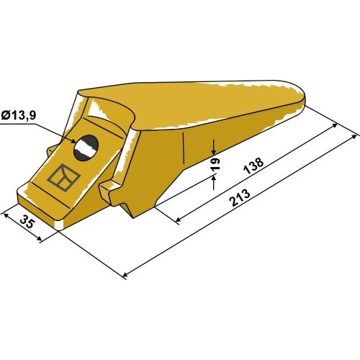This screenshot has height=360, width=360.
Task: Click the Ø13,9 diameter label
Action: [x=19, y=115]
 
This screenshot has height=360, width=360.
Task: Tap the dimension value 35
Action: [x=27, y=222]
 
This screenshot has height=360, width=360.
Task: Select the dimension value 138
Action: [x=253, y=166]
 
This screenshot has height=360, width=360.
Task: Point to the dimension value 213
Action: [x=240, y=198]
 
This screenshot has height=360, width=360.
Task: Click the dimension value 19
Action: [x=216, y=164]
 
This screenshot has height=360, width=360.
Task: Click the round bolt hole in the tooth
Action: [x=86, y=148]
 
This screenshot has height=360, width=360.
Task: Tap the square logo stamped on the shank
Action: [x=64, y=177]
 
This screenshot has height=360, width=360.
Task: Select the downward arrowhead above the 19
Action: [x=214, y=150]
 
